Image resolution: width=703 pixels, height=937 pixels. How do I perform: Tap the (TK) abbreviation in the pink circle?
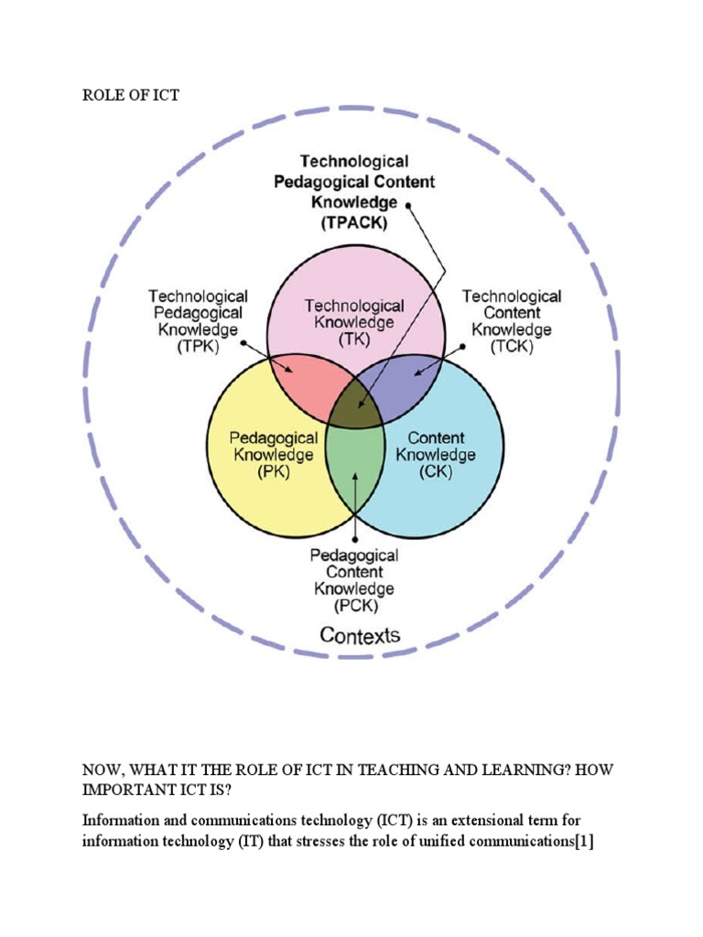tap(353, 339)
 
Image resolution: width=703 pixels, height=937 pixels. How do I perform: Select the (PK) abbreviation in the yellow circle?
tap(271, 471)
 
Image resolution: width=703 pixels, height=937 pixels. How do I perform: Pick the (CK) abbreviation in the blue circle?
tap(435, 471)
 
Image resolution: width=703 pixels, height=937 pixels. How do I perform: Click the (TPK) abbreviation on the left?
tap(198, 347)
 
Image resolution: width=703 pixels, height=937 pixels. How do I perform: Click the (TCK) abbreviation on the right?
tap(511, 347)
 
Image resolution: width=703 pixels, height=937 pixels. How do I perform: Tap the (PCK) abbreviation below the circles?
tap(353, 606)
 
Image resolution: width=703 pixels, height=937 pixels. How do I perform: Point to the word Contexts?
tap(360, 635)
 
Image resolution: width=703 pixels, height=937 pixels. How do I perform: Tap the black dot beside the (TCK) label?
tap(462, 346)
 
